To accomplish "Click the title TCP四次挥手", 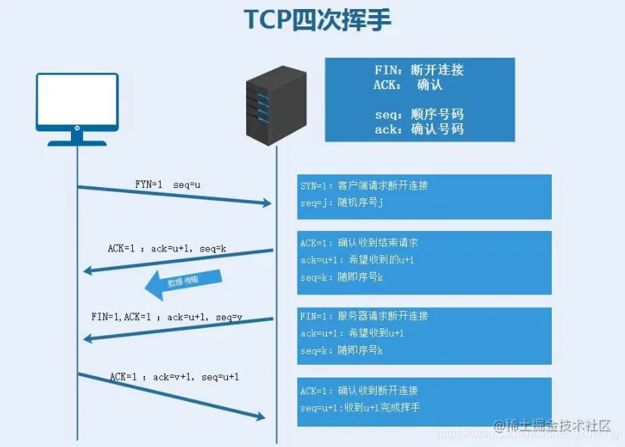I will (x=318, y=20).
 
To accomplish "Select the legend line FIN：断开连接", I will (x=419, y=70).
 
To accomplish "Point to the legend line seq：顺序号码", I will (x=419, y=115).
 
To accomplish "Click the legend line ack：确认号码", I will (x=419, y=129).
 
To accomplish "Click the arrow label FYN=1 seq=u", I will (x=168, y=184).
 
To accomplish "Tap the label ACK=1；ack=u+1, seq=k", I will (x=167, y=248).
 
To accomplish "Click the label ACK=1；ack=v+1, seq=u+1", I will (x=174, y=376).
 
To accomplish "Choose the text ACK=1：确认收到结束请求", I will (x=359, y=243).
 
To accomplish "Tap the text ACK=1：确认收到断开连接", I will (x=359, y=391).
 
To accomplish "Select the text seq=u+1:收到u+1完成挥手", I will (x=360, y=408).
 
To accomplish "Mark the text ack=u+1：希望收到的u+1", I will (x=357, y=260).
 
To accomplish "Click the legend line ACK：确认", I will (x=408, y=85).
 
